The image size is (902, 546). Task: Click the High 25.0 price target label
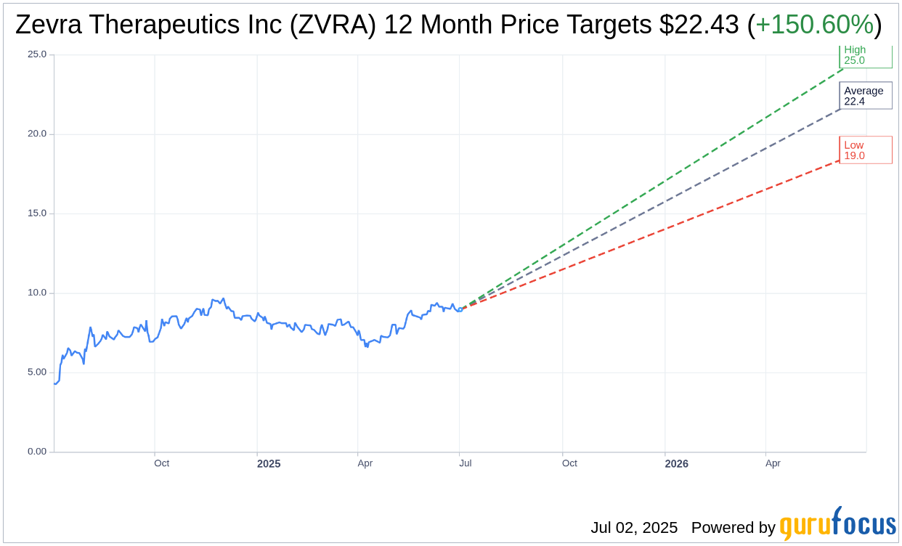click(865, 56)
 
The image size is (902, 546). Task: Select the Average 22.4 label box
click(865, 96)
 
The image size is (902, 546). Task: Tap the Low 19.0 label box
click(865, 150)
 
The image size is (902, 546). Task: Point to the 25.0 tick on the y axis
click(37, 54)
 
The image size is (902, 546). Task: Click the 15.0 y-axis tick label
click(37, 213)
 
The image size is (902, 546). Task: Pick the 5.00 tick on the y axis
click(37, 372)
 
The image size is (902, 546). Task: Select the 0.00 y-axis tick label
click(37, 452)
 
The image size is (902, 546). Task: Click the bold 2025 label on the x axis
click(269, 464)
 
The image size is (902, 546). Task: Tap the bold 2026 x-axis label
click(676, 464)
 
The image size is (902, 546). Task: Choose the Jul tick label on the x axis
click(465, 463)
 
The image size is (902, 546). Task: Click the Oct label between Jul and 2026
click(569, 463)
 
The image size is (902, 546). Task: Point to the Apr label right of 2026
click(773, 463)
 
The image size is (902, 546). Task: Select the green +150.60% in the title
click(814, 25)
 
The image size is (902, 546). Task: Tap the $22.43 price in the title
click(700, 25)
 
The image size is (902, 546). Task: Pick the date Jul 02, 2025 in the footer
click(634, 528)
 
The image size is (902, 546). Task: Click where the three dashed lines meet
click(461, 309)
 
